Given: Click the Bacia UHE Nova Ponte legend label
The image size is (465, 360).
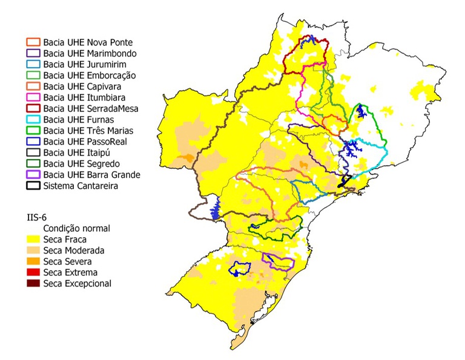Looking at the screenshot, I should click(x=88, y=43).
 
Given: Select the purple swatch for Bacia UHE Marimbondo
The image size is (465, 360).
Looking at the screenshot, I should click(x=33, y=54).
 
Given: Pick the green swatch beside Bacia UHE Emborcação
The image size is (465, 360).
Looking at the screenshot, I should click(x=33, y=76).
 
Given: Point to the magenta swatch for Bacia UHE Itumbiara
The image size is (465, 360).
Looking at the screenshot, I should click(x=33, y=97).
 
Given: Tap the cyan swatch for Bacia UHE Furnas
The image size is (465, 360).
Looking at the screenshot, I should click(x=33, y=119).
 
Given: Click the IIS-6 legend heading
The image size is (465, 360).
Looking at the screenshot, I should click(x=38, y=217).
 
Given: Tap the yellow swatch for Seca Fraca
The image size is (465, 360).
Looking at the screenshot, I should click(x=33, y=240).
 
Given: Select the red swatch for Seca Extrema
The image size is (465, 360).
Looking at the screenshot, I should click(x=33, y=272).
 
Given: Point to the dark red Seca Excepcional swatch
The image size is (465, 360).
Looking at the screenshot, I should click(x=33, y=283).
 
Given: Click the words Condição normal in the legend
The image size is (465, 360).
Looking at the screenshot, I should click(x=76, y=229).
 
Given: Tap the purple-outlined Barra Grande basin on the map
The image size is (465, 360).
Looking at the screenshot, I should click(x=279, y=261).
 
